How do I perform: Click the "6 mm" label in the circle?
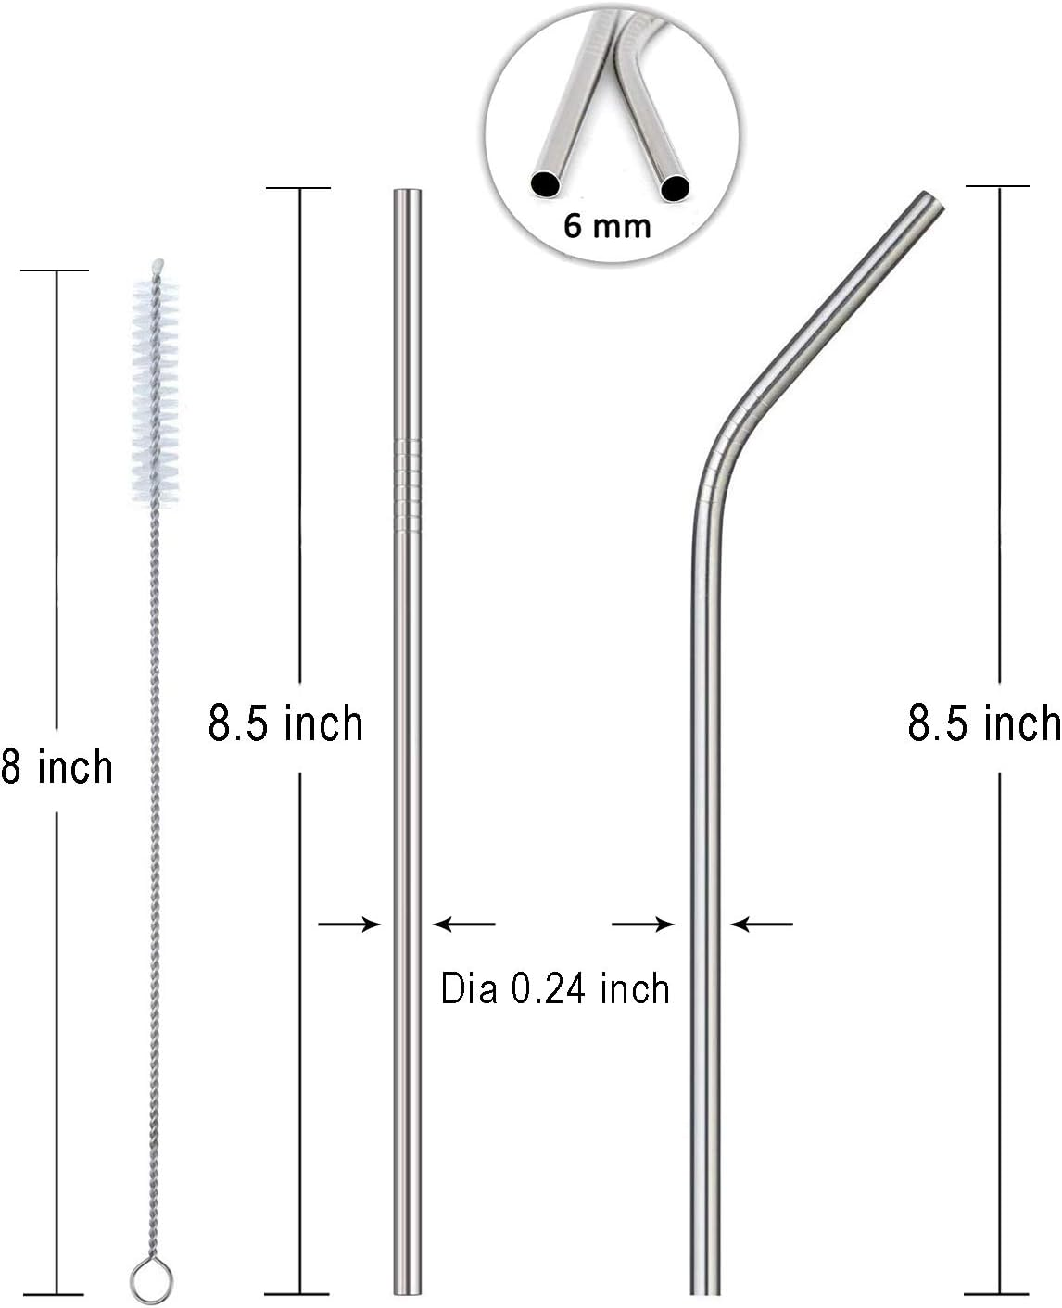(607, 225)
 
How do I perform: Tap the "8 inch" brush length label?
(57, 768)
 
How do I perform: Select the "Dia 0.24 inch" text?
(554, 989)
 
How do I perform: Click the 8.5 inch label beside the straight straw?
(285, 723)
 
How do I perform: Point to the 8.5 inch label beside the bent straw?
(983, 723)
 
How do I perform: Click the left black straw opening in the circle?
(546, 184)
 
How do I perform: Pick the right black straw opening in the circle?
(675, 189)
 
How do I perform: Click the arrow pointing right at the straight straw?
(350, 924)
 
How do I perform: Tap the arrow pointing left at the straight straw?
(464, 924)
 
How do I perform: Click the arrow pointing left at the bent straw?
(762, 924)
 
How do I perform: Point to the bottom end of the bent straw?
(705, 1288)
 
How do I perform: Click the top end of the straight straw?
(408, 195)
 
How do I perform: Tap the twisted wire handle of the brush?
(152, 834)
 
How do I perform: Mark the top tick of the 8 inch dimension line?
(55, 270)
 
